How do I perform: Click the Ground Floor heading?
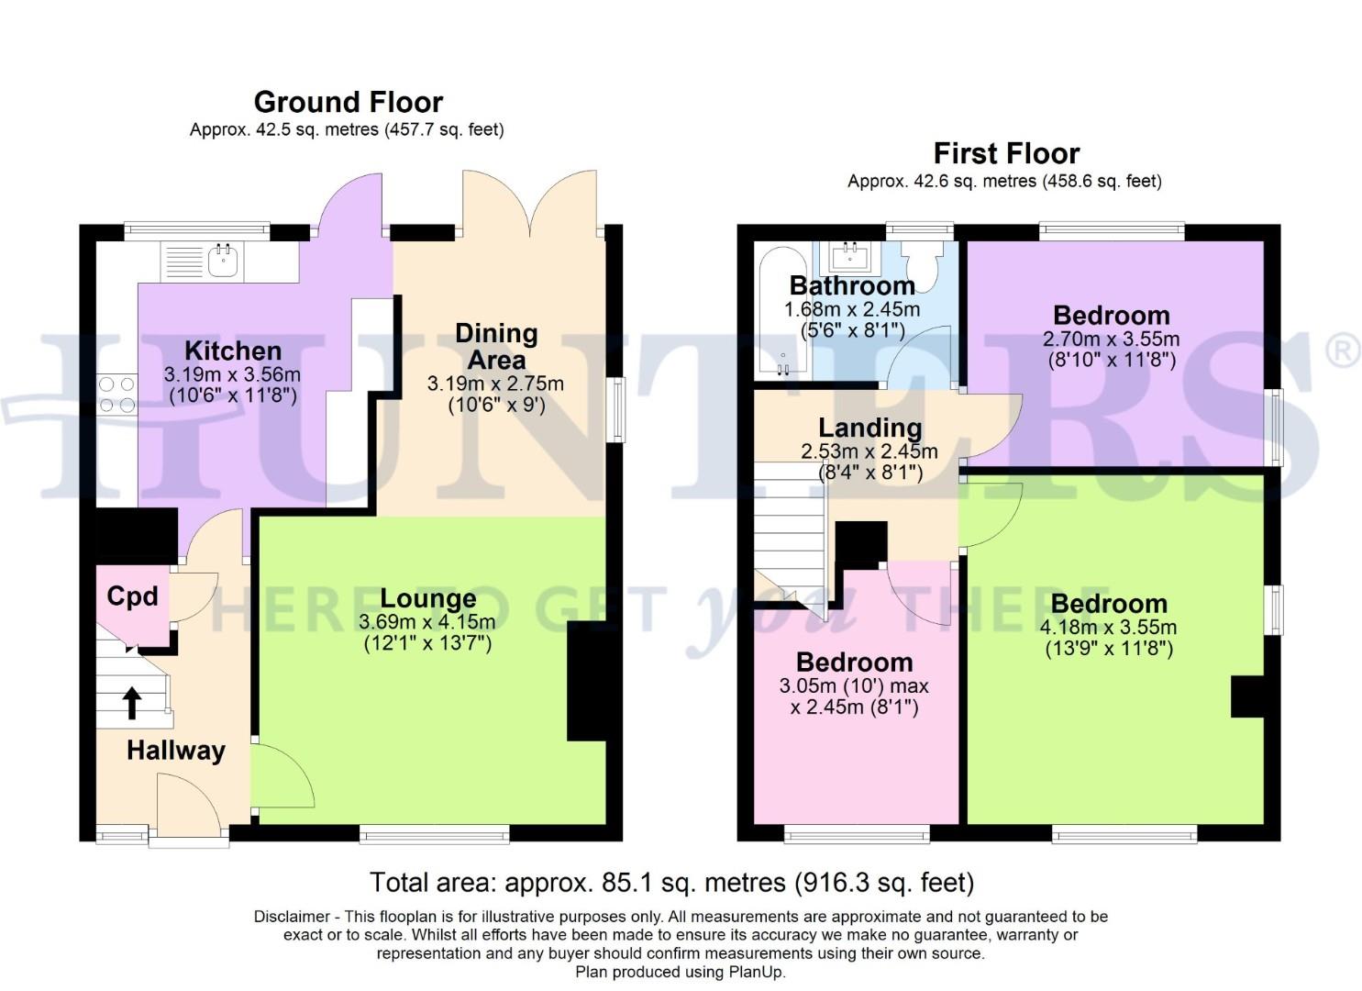click(x=348, y=102)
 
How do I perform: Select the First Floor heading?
click(x=1006, y=153)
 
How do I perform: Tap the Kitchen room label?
click(x=233, y=351)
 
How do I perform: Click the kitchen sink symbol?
click(x=223, y=261)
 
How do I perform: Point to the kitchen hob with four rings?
click(x=116, y=395)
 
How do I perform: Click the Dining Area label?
click(x=496, y=346)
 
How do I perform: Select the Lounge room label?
click(x=428, y=599)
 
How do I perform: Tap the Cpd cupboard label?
click(x=132, y=596)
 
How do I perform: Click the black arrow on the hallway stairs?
click(x=132, y=702)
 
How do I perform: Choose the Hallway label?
click(x=175, y=751)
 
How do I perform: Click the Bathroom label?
click(x=852, y=285)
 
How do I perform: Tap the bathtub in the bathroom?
click(x=782, y=312)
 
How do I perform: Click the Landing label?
click(x=869, y=428)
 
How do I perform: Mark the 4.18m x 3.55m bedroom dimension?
click(x=1108, y=628)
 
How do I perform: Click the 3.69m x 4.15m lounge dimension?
click(x=427, y=622)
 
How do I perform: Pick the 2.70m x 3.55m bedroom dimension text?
click(x=1111, y=339)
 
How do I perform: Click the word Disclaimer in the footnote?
click(x=292, y=917)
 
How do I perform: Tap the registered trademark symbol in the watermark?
click(x=1343, y=351)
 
